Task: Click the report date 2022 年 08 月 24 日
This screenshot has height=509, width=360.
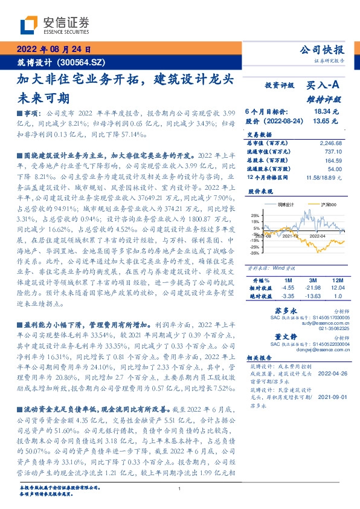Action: tap(53, 50)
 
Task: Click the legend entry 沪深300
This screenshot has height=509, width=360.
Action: tap(314, 205)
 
